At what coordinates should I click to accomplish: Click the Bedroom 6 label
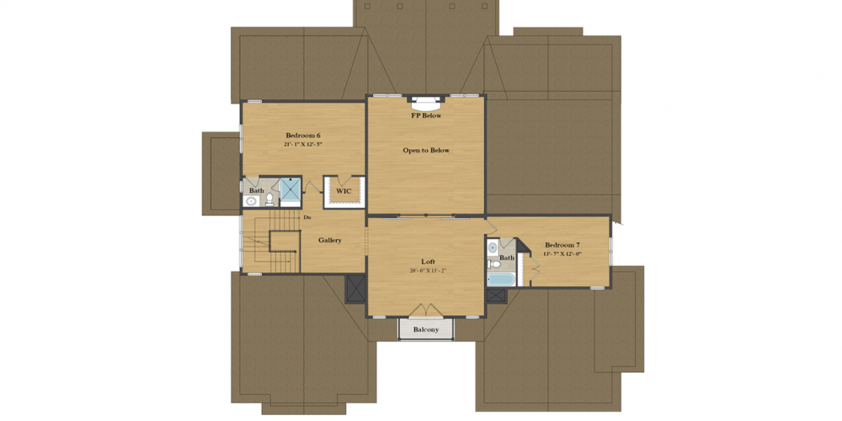pos(302,136)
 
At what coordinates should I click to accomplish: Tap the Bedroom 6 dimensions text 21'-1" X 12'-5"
pos(302,145)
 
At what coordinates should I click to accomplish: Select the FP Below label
pos(426,115)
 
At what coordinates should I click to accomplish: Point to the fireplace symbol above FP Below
pos(426,104)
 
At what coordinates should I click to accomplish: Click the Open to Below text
pos(426,151)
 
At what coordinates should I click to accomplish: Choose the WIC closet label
pos(344,191)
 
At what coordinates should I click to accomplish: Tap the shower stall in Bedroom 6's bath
pos(290,191)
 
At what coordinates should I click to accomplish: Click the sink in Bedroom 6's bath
pos(251,201)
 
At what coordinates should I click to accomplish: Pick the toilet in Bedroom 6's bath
pos(269,200)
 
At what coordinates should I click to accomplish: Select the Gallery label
pos(330,241)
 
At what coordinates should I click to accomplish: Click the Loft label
pos(428,261)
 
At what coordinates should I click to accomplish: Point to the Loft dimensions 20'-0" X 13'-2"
pos(428,271)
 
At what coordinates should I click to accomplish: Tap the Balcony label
pos(426,330)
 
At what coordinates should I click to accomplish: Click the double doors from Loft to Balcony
pos(426,312)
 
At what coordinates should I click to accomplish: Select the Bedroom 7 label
pos(562,244)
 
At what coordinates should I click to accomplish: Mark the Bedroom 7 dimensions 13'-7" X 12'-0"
pos(562,253)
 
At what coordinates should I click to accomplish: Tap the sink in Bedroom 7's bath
pos(493,248)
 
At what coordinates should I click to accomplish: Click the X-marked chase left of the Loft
pos(355,288)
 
